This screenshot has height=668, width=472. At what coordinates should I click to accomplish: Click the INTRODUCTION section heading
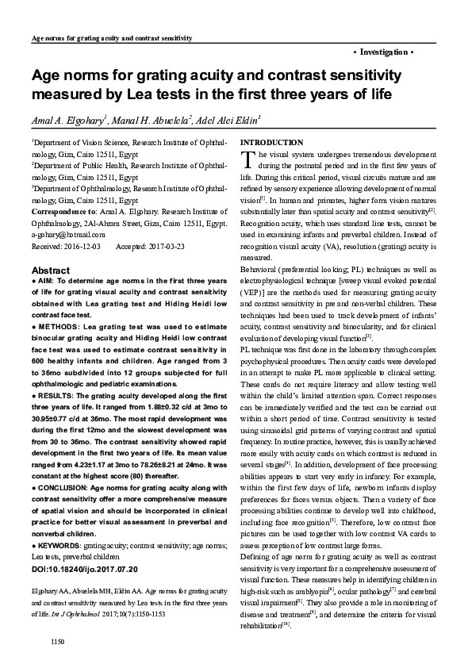click(271, 141)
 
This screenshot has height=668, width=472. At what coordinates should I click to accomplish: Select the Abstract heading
click(48, 270)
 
